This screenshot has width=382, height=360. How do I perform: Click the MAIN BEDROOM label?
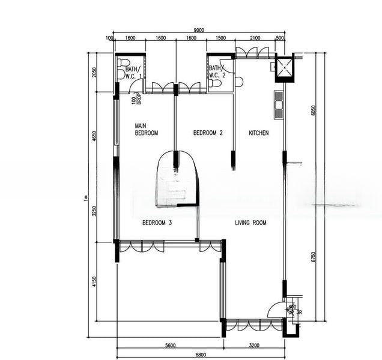147,130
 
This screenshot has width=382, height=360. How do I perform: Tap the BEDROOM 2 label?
208,133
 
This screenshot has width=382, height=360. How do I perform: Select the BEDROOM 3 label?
157,223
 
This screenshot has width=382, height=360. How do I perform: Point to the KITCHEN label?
258,133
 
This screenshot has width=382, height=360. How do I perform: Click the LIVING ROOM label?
250,223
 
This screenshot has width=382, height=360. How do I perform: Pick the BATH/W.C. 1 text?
133,73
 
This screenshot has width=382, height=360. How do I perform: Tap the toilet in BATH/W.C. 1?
123,62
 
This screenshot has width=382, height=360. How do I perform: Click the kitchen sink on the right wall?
278,104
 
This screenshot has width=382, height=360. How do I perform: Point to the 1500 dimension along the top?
220,39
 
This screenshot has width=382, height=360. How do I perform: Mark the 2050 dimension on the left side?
94,73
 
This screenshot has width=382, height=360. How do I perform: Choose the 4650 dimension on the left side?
94,137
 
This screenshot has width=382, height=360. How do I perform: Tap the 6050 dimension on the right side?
313,111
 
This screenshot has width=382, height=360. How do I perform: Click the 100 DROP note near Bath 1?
136,100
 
